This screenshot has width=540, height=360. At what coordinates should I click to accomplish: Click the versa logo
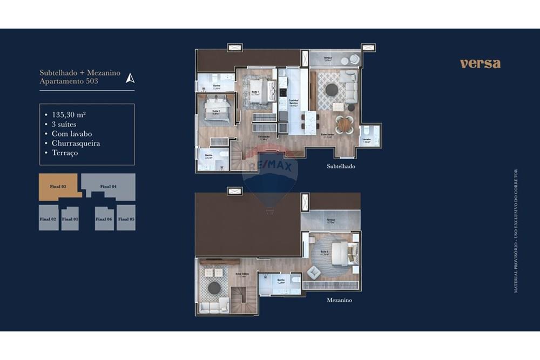click(480, 63)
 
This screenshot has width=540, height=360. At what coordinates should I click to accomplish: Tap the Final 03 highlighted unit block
click(58, 186)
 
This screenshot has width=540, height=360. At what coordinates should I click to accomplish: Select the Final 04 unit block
click(109, 186)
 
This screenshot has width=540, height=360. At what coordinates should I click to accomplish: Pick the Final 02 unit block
click(48, 219)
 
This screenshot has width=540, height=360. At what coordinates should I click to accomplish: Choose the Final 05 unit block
click(126, 219)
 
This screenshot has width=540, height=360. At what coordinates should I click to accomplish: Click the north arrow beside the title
click(130, 78)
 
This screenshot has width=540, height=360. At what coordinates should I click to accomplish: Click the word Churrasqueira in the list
click(76, 143)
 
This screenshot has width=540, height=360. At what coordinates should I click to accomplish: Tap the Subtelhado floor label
click(341, 167)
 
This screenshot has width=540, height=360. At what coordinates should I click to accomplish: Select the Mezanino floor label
click(339, 300)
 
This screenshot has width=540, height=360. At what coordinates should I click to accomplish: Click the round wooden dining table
click(343, 125)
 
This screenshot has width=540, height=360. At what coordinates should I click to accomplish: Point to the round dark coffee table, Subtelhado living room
click(331, 90)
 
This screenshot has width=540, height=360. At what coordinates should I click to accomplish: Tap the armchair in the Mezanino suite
click(315, 271)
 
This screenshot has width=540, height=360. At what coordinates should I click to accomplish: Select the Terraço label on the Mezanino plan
click(330, 220)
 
